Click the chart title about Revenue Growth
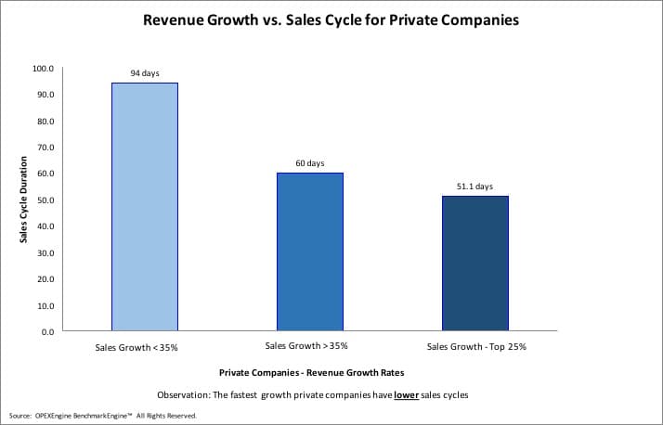coord(331,19)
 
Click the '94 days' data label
coord(144,72)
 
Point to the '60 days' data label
coord(310,163)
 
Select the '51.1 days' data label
coord(475,187)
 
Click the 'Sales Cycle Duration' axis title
coord(22,200)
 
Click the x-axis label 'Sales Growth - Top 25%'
coord(475,347)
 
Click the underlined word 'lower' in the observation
coord(406,394)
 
